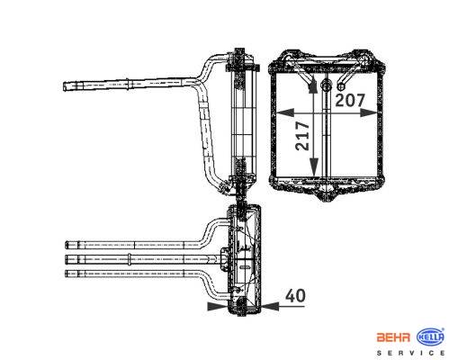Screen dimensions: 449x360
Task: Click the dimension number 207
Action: pos(350,100)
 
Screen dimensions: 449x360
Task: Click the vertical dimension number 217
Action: pos(302,136)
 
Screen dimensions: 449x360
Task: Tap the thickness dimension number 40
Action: pos(295,295)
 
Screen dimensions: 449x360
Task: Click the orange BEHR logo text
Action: pos(393,337)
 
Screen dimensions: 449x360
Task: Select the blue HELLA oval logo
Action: pos(431,337)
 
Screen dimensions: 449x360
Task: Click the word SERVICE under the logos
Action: pos(410,353)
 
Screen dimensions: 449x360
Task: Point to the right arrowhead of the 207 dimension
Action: pos(368,112)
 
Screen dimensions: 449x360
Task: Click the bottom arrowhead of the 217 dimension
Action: pos(314,167)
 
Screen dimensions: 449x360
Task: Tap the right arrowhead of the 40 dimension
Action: pos(270,306)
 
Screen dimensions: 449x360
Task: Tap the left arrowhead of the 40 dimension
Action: pos(218,306)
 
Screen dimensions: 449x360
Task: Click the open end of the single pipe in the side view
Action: pos(64,86)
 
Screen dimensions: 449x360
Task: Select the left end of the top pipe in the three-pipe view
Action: pos(67,245)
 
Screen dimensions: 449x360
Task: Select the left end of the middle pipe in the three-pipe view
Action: pos(67,259)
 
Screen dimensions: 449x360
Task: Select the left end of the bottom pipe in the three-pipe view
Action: pos(67,274)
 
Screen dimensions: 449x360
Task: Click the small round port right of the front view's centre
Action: pos(341,86)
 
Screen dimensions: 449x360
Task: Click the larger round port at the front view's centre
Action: pos(326,85)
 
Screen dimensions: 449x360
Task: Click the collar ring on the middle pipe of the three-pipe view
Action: pos(129,259)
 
